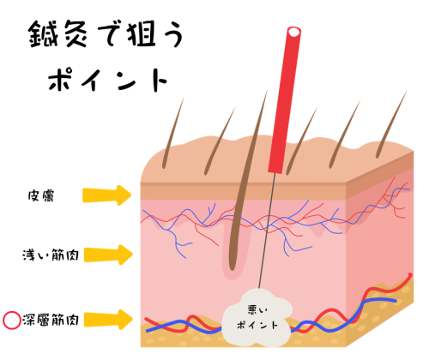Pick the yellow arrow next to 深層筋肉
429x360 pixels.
(x=109, y=321)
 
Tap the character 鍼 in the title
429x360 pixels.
(x=44, y=38)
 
